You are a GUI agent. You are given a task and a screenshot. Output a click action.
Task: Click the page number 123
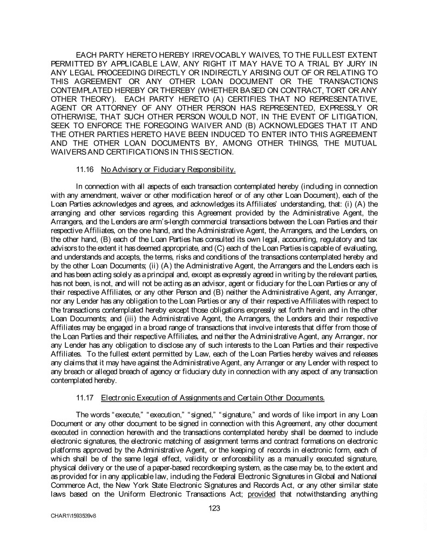click(x=214, y=507)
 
